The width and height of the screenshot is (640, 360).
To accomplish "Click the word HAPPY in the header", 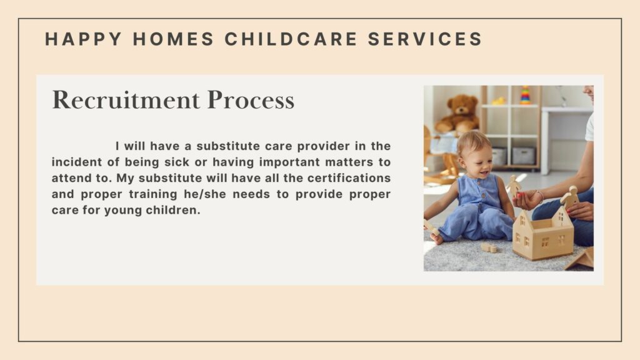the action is (83, 39).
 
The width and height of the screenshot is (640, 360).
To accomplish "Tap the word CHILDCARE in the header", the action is (291, 39).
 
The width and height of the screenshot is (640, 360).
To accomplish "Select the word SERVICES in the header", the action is (425, 39).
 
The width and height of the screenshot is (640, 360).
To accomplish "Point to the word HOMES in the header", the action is (174, 39).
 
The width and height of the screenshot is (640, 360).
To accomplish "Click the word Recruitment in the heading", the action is (126, 99).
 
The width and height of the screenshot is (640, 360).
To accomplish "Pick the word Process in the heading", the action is (251, 99).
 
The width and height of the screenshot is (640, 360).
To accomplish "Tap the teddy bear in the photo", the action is (458, 114).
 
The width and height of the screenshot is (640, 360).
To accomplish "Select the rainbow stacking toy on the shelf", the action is (525, 95).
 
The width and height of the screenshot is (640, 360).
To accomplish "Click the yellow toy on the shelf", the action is (499, 101).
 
